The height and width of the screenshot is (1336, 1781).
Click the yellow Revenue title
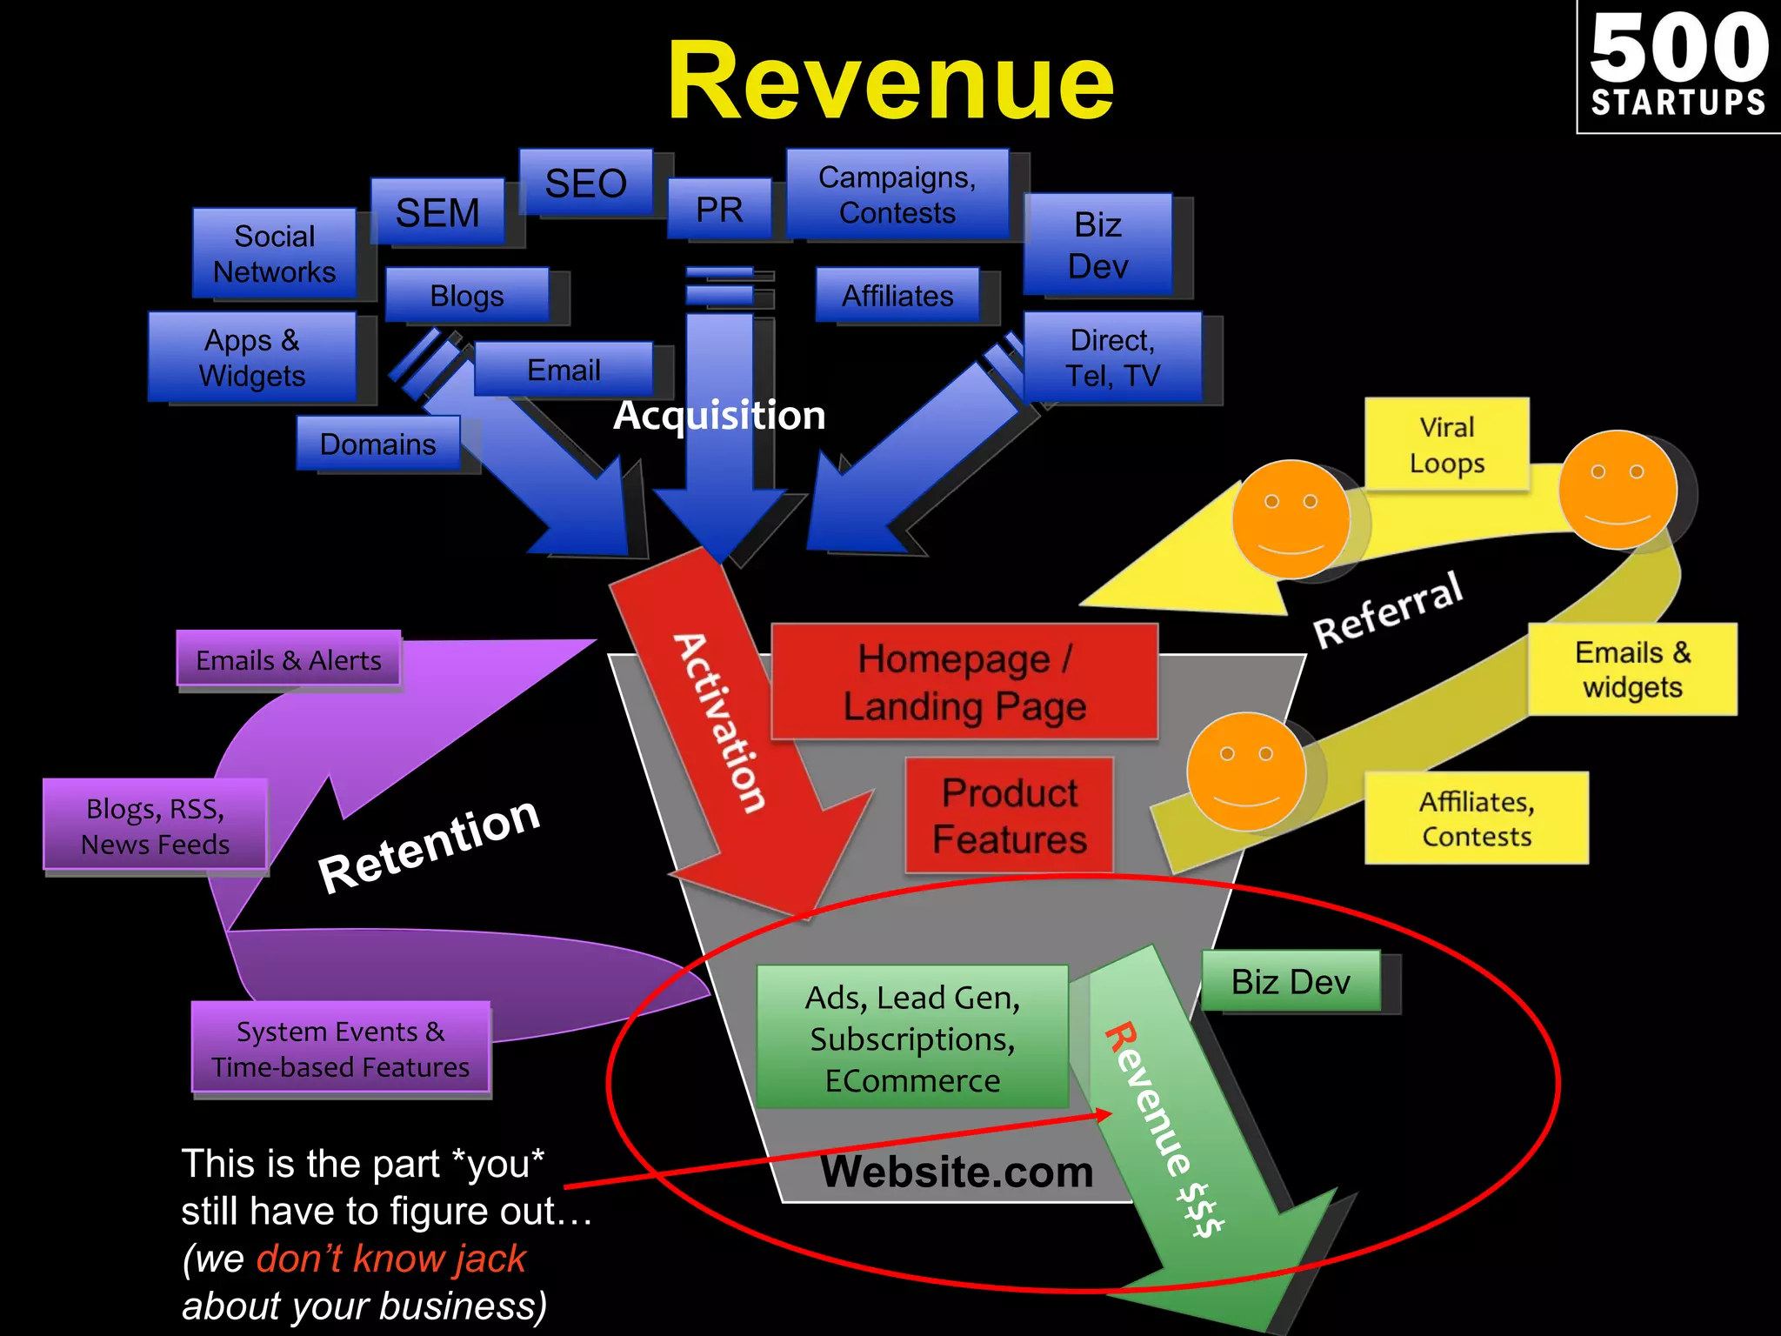(x=890, y=83)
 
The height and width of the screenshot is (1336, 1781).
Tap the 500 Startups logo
(x=1678, y=67)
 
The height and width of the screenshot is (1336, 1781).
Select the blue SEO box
(x=585, y=183)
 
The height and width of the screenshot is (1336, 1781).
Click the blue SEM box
(x=437, y=212)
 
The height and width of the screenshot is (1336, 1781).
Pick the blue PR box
(x=719, y=209)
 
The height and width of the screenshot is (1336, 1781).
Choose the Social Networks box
(x=274, y=253)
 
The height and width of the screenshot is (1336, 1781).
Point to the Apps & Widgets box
(x=252, y=357)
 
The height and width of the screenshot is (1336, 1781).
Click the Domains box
(x=377, y=444)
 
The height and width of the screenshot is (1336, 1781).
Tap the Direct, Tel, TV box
(x=1112, y=357)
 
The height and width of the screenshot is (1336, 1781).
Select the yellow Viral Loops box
(x=1446, y=444)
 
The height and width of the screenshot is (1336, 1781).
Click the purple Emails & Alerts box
(x=288, y=660)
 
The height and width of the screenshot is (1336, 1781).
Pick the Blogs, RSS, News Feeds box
(x=155, y=825)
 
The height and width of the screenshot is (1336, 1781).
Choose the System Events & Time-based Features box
(x=340, y=1048)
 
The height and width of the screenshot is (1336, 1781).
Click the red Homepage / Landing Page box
(x=964, y=682)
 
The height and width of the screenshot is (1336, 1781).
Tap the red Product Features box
(x=1009, y=816)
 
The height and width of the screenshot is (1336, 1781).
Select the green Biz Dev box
(x=1291, y=981)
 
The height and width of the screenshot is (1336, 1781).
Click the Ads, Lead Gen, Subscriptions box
(x=912, y=1038)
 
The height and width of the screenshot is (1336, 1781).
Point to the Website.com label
(x=957, y=1172)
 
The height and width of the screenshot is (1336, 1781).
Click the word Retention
(x=429, y=846)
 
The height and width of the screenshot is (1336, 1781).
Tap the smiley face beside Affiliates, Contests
(x=1246, y=772)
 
